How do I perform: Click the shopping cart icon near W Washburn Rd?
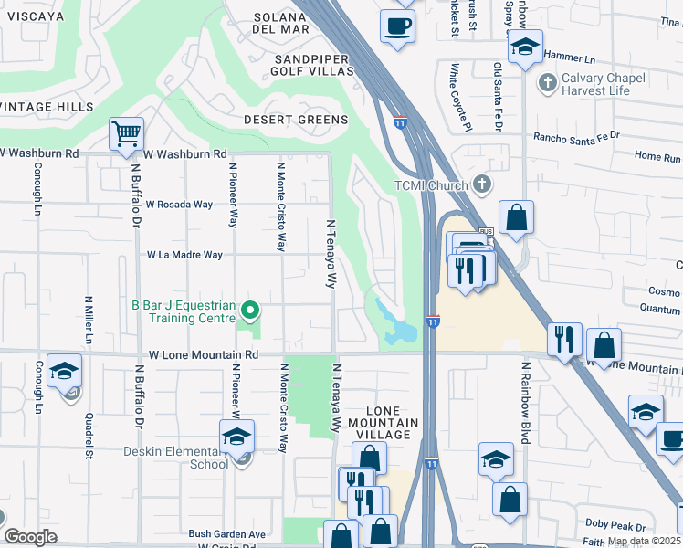pos(126,134)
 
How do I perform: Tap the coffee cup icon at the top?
pos(396,26)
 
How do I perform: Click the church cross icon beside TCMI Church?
pos(483,185)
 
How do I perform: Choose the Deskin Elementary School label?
pos(176,458)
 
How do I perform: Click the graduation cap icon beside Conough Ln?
pos(64,371)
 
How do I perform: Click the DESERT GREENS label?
pos(295,120)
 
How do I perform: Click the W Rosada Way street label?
pos(179,205)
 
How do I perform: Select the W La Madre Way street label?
pos(184,255)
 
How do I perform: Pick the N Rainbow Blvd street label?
pos(526,402)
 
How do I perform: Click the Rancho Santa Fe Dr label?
pos(576,135)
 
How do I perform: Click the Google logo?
pos(30,537)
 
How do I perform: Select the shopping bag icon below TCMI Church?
pos(516,218)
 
